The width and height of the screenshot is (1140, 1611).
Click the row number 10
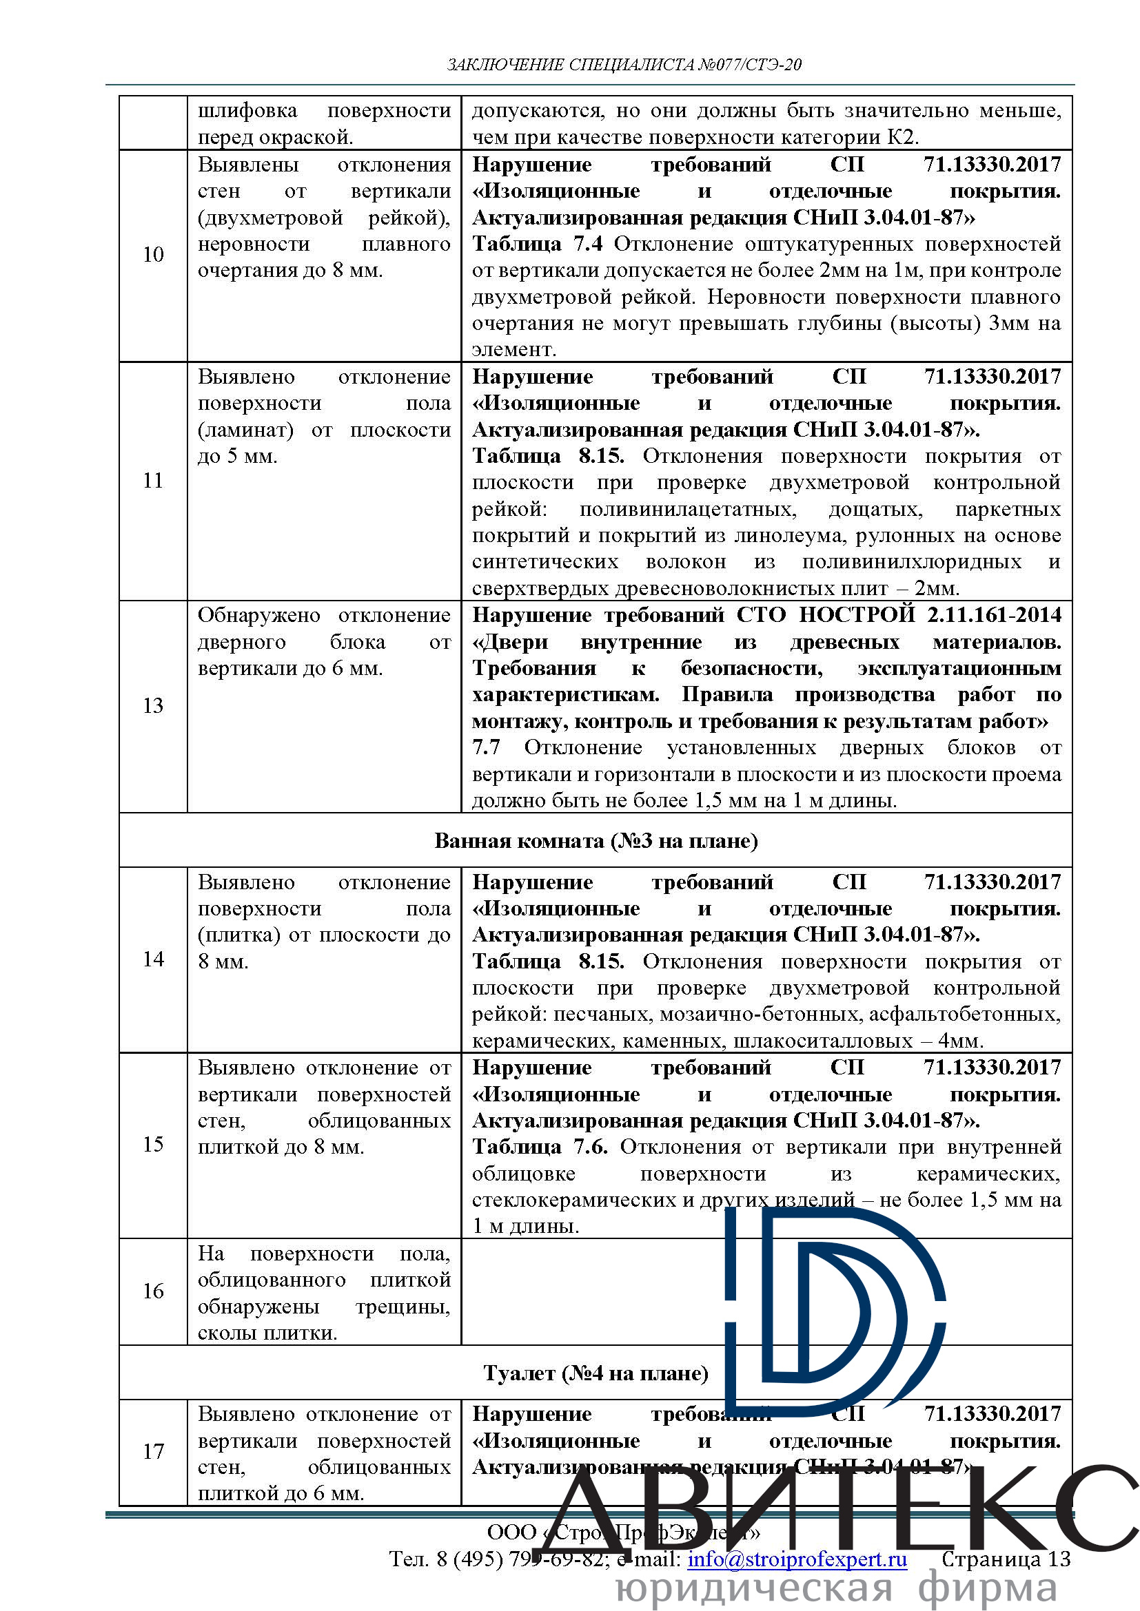(x=153, y=255)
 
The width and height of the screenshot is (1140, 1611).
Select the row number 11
(x=153, y=481)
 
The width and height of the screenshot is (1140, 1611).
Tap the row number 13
(x=153, y=706)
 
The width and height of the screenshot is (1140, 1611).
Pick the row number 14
(x=153, y=959)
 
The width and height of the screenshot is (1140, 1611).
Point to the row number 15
(x=153, y=1145)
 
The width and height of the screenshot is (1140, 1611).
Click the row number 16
(x=153, y=1291)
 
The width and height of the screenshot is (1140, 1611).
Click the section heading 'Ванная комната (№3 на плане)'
(x=596, y=840)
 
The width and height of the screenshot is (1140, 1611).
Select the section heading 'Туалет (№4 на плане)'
(x=596, y=1373)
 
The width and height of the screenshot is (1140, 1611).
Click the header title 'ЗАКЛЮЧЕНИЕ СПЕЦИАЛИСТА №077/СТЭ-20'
(x=624, y=65)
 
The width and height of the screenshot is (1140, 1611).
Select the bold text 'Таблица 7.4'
(x=537, y=245)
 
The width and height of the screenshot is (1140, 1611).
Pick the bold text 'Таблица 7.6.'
(x=540, y=1147)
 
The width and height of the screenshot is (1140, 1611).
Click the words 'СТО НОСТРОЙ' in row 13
(x=826, y=615)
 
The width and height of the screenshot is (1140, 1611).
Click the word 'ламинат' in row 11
(x=245, y=430)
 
